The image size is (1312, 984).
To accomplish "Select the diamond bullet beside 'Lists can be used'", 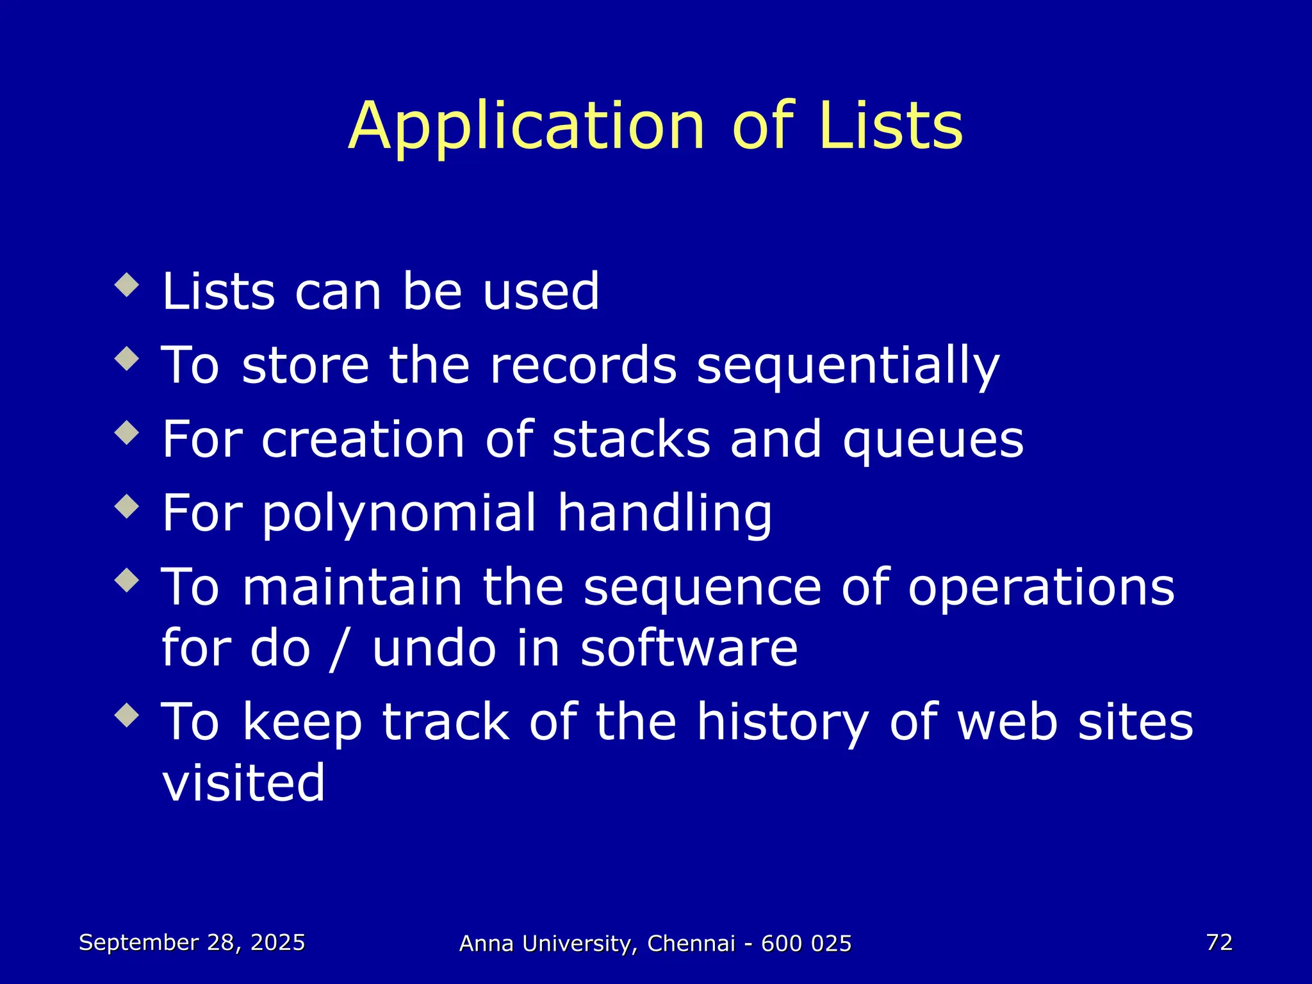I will coord(127,285).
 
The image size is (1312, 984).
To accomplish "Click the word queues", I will coord(933,441).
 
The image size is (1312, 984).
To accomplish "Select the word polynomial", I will coord(399,514).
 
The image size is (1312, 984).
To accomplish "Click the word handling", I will coord(664,514).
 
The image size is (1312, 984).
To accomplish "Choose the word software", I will coord(689,648).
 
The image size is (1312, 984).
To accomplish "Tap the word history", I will coord(782,723).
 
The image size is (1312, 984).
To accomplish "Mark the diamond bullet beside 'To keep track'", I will coord(127,715).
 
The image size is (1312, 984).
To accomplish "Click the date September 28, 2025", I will coord(192,942).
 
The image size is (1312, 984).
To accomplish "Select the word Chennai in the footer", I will coord(691,944).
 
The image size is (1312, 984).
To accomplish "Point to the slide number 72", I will coord(1219,942).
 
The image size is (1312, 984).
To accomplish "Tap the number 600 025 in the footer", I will coord(806,944).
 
